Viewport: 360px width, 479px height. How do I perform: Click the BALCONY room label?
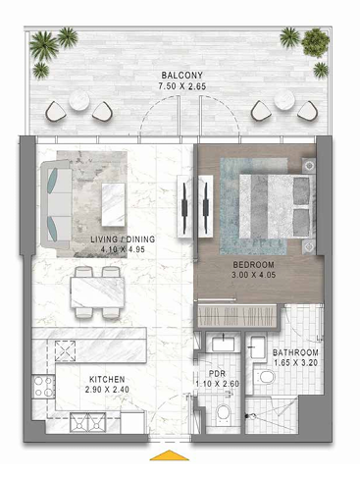[182, 76]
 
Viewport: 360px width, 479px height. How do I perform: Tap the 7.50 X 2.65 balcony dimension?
[182, 86]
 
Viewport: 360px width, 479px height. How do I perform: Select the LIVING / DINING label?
[123, 239]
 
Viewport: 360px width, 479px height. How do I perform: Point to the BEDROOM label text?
[253, 264]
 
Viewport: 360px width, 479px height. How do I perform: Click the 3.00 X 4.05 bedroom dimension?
[253, 275]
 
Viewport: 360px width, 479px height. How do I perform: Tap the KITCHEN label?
[107, 379]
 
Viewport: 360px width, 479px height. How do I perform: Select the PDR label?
[217, 374]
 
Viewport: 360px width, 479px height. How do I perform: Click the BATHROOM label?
[295, 352]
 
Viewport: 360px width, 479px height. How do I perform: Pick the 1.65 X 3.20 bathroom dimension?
[295, 363]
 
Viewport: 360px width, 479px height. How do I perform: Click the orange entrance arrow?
[170, 455]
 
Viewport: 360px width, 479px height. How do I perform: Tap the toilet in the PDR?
[224, 412]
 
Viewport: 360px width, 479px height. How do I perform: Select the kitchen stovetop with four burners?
[43, 386]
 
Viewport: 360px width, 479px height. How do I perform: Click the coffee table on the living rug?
[113, 204]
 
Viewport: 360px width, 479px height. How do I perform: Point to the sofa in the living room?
[56, 204]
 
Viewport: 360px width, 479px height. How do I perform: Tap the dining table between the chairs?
[97, 293]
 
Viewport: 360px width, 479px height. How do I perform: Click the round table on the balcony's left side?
[79, 100]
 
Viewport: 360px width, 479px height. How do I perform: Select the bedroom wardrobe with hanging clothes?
[236, 316]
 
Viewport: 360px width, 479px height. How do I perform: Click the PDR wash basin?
[224, 344]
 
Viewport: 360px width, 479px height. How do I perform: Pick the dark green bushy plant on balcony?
[315, 42]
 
